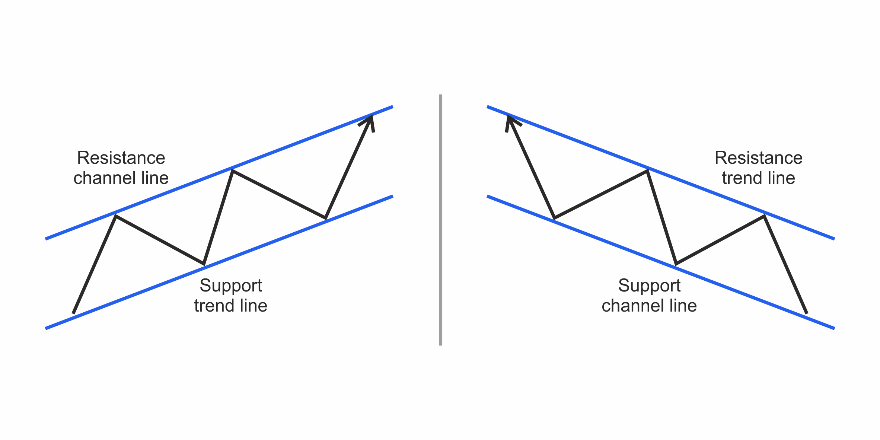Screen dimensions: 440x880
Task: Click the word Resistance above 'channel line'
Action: coord(121,158)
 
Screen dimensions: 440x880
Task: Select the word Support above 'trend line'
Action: coord(231,286)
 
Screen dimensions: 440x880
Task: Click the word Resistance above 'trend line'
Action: coord(758,158)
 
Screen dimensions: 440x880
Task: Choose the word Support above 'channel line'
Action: coord(649,286)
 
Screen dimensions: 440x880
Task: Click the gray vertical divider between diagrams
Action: coord(440,220)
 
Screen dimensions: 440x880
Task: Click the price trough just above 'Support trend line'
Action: coord(204,263)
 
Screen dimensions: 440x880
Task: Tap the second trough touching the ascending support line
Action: coord(326,218)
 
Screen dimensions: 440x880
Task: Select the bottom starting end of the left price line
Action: coord(73,313)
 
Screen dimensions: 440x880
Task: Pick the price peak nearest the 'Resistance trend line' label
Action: coord(764,216)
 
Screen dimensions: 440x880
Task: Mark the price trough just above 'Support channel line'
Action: coord(676,264)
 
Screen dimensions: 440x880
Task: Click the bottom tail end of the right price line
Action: coord(807,313)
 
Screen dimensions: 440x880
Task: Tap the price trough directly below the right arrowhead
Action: coord(555,218)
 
